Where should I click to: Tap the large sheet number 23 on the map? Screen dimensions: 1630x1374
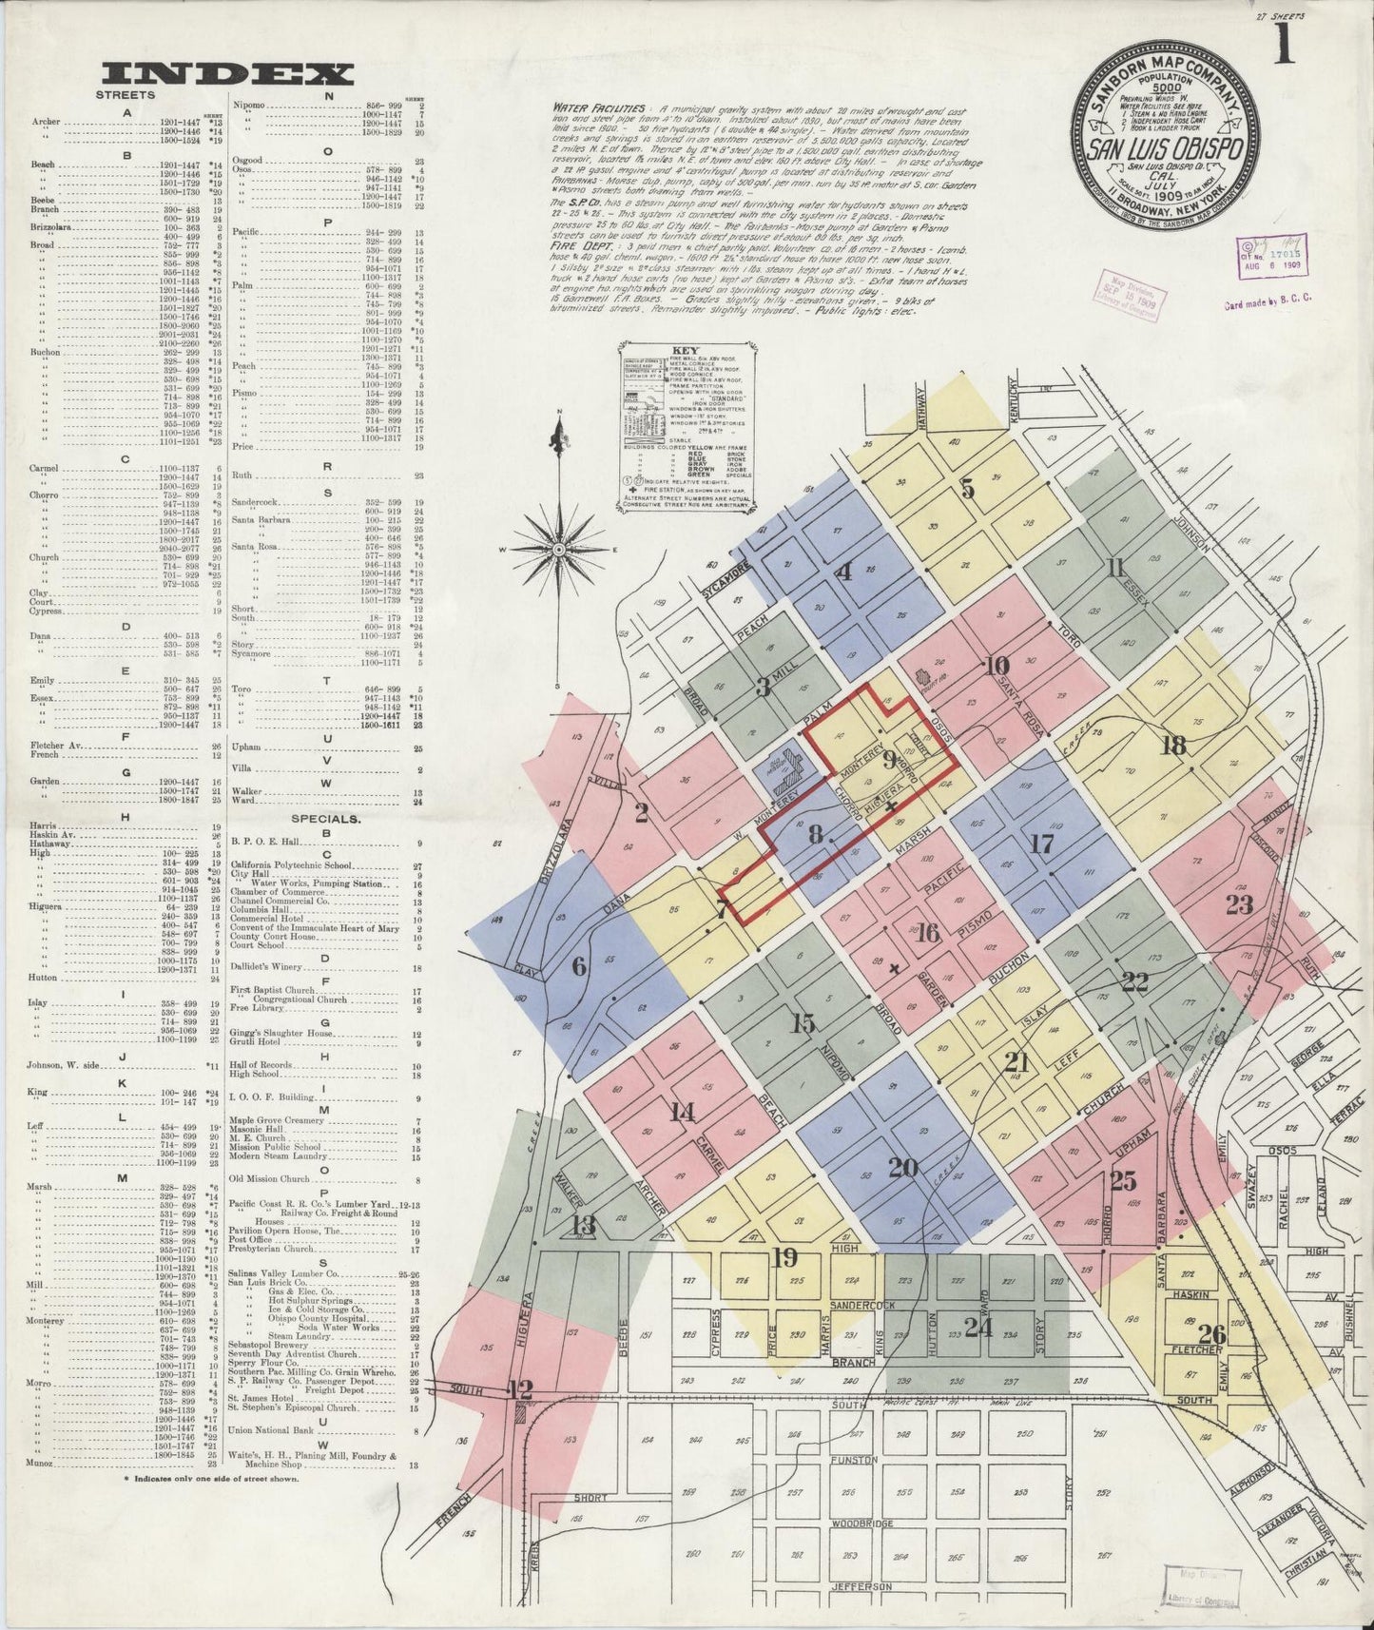pyautogui.click(x=1238, y=904)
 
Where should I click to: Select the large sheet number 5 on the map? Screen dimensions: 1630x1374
pyautogui.click(x=967, y=491)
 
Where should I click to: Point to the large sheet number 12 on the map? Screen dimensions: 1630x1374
pyautogui.click(x=520, y=1389)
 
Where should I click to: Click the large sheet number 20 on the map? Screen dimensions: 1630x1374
pyautogui.click(x=902, y=1167)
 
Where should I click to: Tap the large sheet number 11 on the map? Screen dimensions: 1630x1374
pyautogui.click(x=1115, y=569)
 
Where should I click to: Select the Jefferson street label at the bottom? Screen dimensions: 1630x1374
pyautogui.click(x=861, y=1587)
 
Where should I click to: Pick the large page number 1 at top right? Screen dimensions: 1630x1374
pyautogui.click(x=1284, y=48)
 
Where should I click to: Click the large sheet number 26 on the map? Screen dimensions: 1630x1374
pyautogui.click(x=1211, y=1334)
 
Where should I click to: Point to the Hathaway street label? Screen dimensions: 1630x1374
pyautogui.click(x=920, y=410)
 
